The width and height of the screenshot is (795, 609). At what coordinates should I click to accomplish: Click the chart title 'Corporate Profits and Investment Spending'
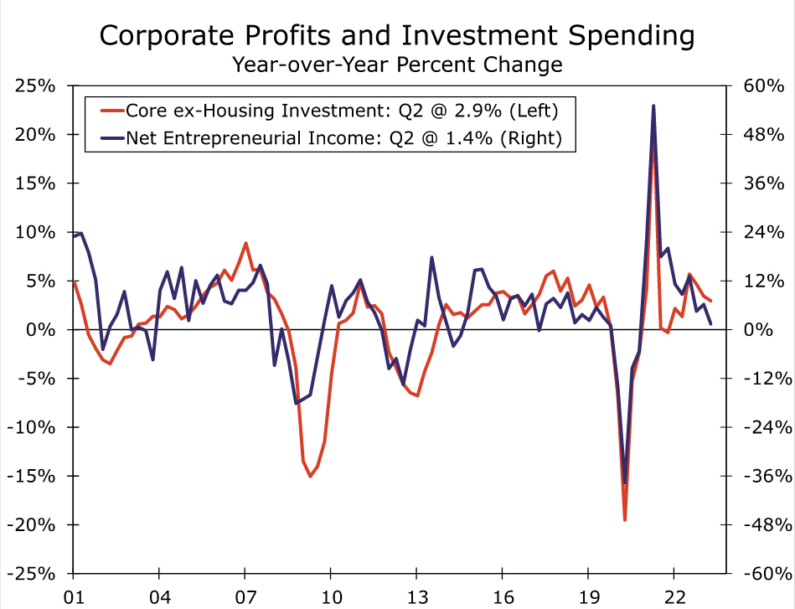tap(397, 36)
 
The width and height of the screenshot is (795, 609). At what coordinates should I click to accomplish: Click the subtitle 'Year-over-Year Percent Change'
tap(397, 64)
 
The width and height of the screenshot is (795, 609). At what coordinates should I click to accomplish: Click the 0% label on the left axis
tap(40, 330)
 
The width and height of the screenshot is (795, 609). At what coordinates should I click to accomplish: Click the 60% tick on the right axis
tap(763, 85)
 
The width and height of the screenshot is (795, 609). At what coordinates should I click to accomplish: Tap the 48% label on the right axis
tap(763, 135)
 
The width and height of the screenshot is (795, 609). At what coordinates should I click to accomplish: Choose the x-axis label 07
tap(245, 599)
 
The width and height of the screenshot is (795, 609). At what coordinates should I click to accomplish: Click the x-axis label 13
tap(416, 599)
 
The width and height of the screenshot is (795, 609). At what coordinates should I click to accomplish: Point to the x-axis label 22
tap(674, 599)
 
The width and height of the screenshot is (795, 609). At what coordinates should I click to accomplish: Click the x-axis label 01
tap(74, 599)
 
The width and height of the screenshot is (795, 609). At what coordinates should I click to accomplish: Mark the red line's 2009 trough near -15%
tap(310, 476)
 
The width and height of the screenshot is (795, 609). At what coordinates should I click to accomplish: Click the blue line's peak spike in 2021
tap(653, 106)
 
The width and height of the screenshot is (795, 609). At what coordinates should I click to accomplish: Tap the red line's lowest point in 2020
tap(625, 520)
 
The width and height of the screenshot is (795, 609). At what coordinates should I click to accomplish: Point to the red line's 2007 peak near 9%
tap(245, 243)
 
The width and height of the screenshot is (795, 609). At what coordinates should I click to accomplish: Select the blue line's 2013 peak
tap(431, 257)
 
